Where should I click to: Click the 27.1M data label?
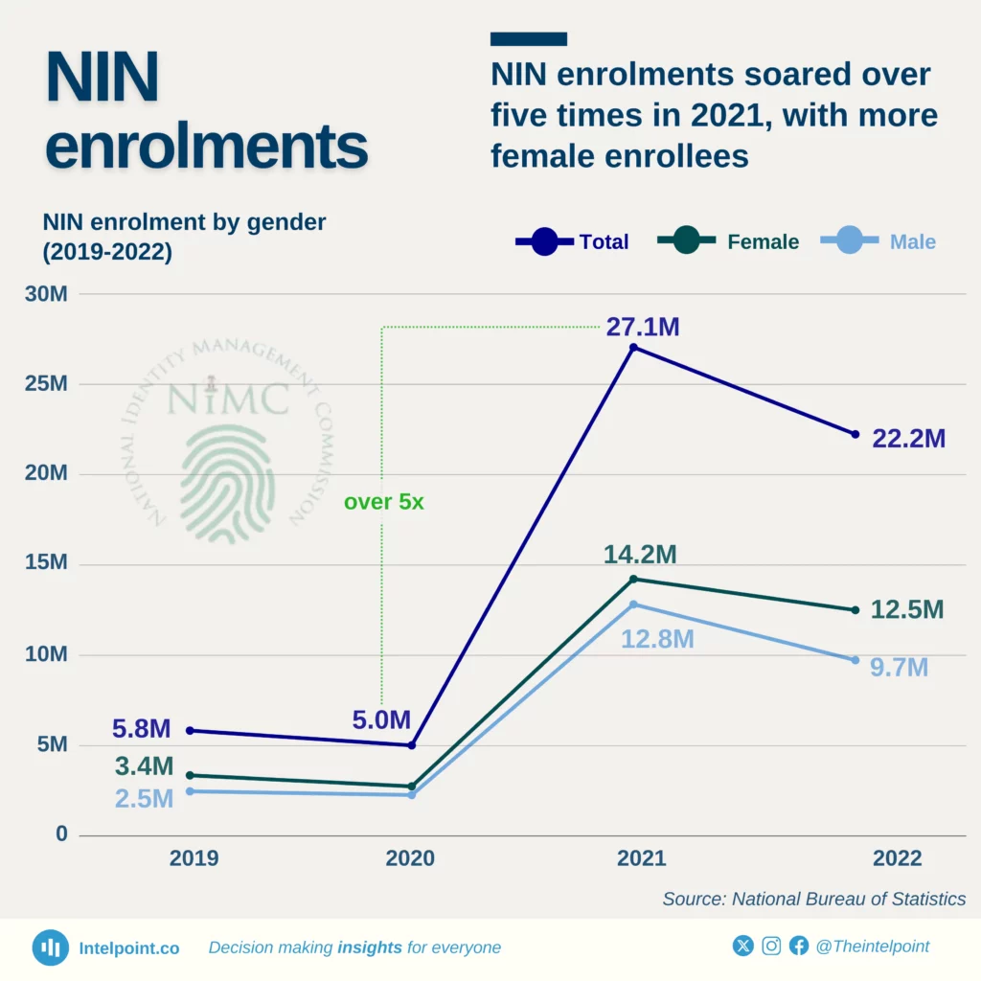642,328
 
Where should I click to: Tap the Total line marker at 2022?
856,434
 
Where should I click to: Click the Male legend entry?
879,241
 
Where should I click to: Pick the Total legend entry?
573,241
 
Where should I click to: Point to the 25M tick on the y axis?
45,384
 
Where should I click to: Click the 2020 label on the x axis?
410,858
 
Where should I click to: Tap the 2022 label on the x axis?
897,858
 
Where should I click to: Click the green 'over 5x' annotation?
383,502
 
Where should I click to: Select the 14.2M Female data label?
640,555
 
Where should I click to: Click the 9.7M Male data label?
899,668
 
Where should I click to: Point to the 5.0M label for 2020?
380,720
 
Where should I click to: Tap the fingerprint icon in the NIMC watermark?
227,483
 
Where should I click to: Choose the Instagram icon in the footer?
771,947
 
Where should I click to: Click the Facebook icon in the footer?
799,947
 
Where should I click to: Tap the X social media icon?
743,947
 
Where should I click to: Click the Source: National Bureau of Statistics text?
813,899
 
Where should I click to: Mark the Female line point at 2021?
633,579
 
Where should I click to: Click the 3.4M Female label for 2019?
143,766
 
